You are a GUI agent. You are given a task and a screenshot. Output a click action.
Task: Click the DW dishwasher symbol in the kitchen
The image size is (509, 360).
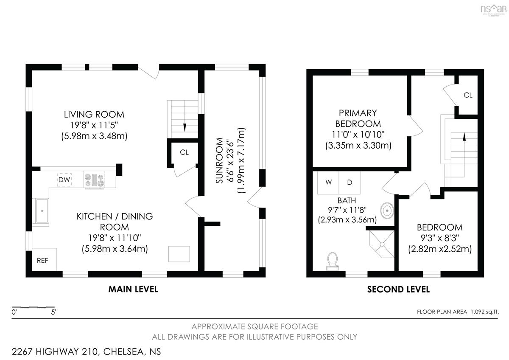[x=64, y=180]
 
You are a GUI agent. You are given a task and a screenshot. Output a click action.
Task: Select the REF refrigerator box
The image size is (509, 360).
[x=44, y=259]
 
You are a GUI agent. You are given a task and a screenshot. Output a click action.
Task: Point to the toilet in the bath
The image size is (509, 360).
[x=333, y=262]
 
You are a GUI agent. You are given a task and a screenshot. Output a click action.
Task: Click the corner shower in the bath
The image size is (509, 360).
[x=382, y=244]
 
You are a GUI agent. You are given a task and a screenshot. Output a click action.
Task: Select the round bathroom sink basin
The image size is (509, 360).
[x=387, y=211]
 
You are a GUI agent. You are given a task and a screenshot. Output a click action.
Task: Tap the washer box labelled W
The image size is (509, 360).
[x=328, y=183]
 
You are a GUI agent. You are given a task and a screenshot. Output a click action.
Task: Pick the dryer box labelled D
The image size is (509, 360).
[x=350, y=183]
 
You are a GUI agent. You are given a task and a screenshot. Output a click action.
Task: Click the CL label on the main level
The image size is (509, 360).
[x=184, y=152]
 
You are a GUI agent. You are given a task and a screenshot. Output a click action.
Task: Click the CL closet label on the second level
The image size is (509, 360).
[x=468, y=95]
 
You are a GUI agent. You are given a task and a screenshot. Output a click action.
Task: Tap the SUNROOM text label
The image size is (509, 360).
[x=219, y=160]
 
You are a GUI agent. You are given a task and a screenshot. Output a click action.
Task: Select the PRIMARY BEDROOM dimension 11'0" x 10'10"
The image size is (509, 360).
[x=358, y=135]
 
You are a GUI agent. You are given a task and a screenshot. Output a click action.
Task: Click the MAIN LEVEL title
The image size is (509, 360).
[x=133, y=289]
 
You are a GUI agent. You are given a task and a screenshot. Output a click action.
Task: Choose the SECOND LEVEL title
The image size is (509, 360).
[x=399, y=289]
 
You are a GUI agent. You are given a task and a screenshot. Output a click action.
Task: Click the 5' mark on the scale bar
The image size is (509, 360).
[x=53, y=312]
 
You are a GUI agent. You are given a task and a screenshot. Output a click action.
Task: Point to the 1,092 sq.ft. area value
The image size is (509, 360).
[x=485, y=312]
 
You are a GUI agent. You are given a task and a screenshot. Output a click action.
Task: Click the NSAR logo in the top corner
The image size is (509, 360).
[x=494, y=10]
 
